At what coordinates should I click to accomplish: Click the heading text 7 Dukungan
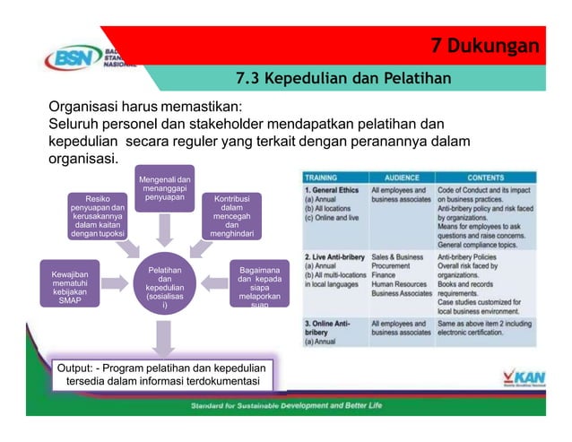(484, 46)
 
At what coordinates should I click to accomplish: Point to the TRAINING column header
(325, 177)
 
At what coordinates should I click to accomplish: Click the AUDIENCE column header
(402, 177)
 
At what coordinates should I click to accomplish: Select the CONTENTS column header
(484, 177)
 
